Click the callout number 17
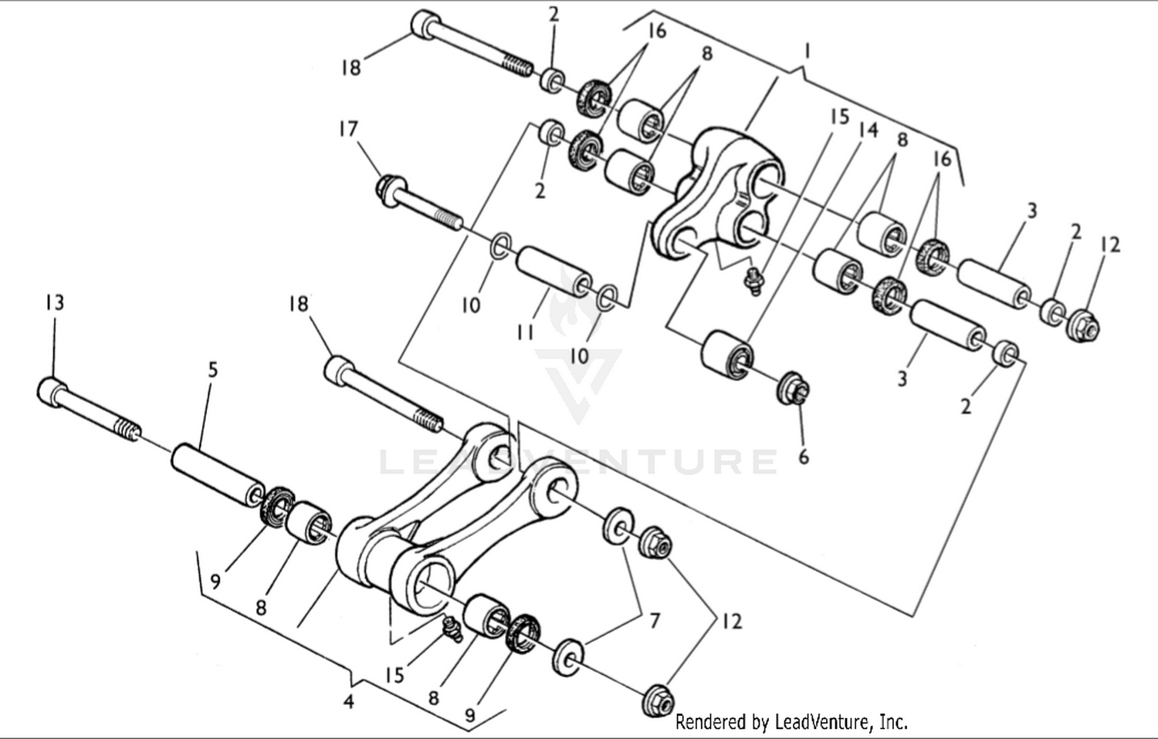click(x=348, y=128)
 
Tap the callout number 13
click(x=54, y=302)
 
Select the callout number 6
click(x=804, y=457)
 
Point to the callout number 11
click(x=526, y=332)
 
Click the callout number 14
click(x=868, y=130)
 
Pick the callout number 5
click(x=213, y=369)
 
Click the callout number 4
click(x=349, y=702)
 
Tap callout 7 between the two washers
click(x=654, y=619)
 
